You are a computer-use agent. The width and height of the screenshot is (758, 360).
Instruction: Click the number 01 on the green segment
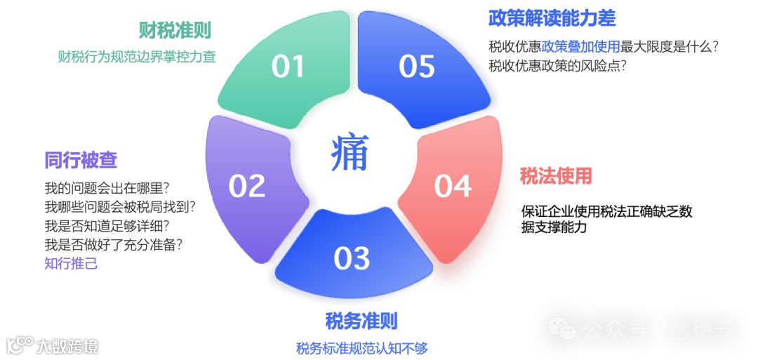coord(288,66)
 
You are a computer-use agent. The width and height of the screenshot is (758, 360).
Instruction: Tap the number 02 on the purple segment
coord(247,186)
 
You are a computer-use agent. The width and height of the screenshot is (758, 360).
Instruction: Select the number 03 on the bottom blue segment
coord(352,258)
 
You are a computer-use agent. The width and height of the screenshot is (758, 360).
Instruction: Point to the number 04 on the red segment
coord(452,186)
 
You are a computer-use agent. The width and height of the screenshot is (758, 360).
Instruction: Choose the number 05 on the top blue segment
coord(417,66)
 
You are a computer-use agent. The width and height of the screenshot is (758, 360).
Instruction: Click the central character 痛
coord(350,153)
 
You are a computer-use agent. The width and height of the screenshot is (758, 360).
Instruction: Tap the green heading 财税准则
coord(175,30)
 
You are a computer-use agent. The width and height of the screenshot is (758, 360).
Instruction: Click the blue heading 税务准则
coord(361,321)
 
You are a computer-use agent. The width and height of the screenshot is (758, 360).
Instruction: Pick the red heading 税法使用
coord(556,175)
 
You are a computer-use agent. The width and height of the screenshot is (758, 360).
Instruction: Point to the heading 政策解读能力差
coord(552,17)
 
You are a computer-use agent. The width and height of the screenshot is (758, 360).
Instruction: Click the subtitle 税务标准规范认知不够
coord(361,348)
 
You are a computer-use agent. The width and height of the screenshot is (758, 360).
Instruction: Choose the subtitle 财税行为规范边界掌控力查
coord(137,57)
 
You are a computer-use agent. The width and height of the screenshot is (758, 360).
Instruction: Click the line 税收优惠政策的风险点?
coord(557,66)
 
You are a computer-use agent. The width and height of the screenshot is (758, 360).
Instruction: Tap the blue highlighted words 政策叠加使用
coord(581,47)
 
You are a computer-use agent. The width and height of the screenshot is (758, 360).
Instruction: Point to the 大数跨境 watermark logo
coord(52,345)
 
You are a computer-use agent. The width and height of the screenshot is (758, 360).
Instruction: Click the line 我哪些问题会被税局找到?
coord(120,207)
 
